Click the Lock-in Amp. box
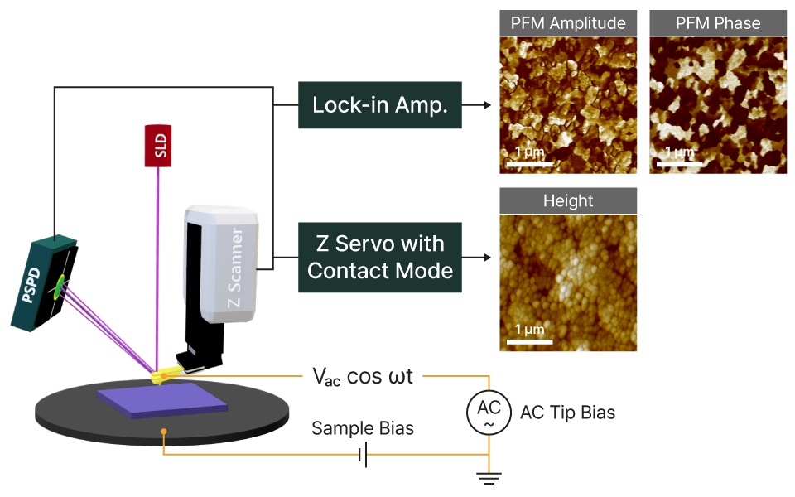(379, 105)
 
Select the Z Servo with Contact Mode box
(379, 257)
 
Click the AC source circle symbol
(489, 412)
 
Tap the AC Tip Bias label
(567, 412)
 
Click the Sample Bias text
(363, 429)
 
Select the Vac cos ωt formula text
(368, 376)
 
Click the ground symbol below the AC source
(489, 475)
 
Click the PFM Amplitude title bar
(568, 23)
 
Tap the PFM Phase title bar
(718, 23)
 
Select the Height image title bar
(568, 200)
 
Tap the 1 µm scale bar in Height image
(523, 339)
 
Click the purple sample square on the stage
(162, 399)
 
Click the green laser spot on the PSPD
(59, 288)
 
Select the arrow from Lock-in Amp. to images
(478, 105)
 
